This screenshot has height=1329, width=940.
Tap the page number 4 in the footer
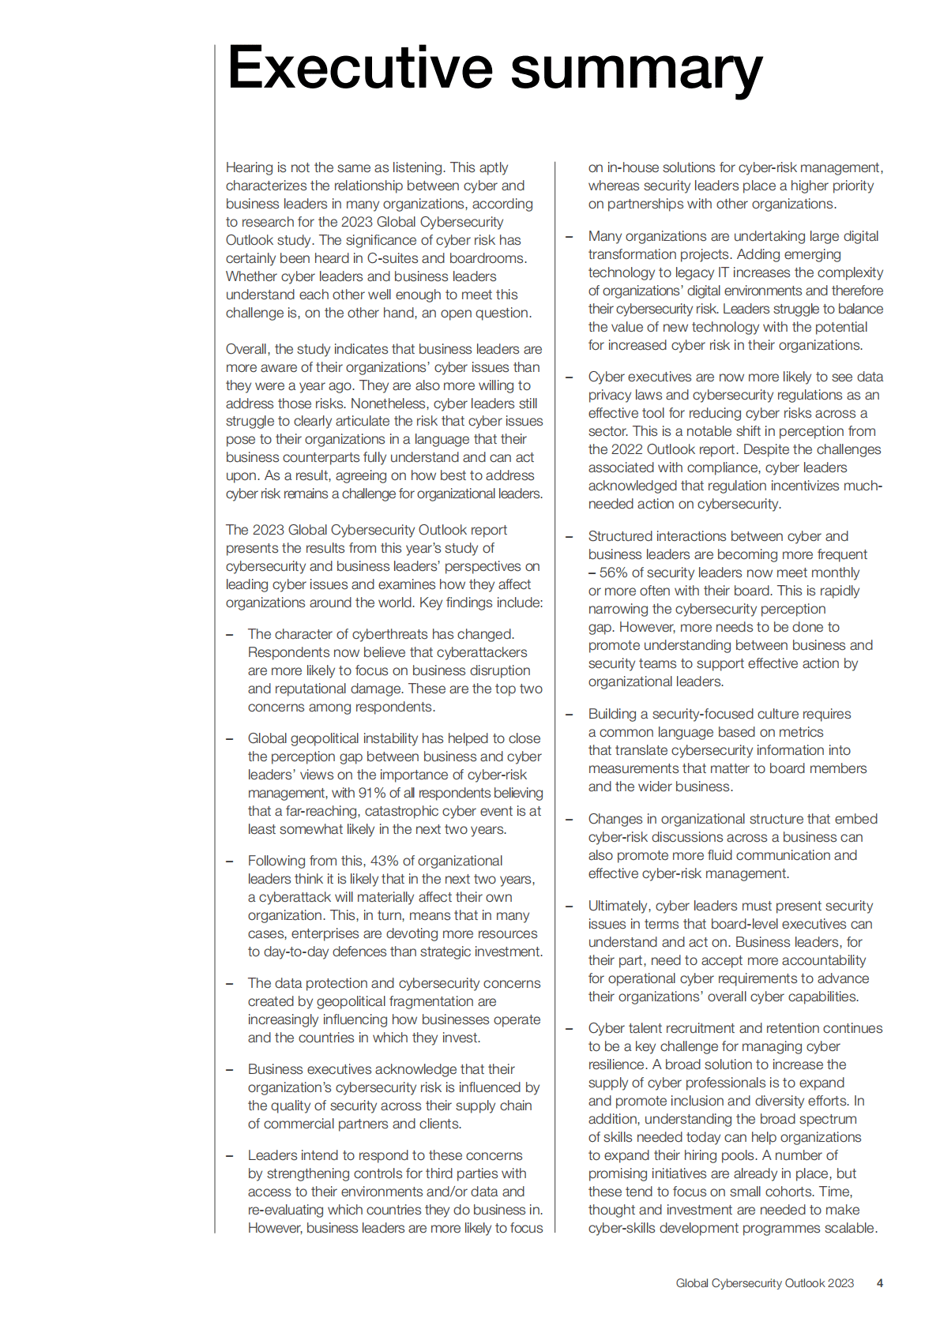click(879, 1283)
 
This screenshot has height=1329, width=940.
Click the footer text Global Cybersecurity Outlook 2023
click(764, 1283)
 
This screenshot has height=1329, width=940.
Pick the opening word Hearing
click(249, 167)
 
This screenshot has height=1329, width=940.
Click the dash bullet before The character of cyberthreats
click(230, 634)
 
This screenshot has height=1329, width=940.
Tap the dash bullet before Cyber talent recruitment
click(569, 1028)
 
